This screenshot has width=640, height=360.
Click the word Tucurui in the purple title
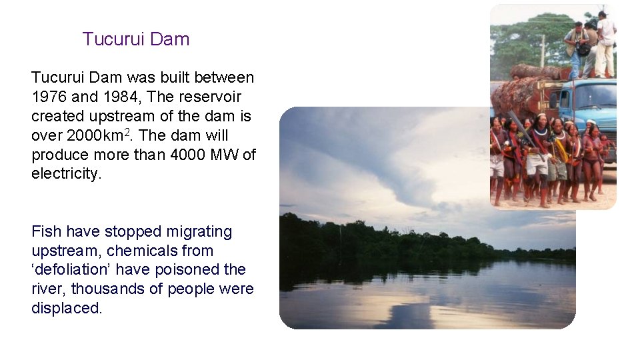pyautogui.click(x=113, y=39)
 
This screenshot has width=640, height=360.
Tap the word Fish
pyautogui.click(x=46, y=232)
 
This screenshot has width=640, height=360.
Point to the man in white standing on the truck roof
pyautogui.click(x=605, y=43)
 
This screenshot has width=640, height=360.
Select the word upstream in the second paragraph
pyautogui.click(x=63, y=251)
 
